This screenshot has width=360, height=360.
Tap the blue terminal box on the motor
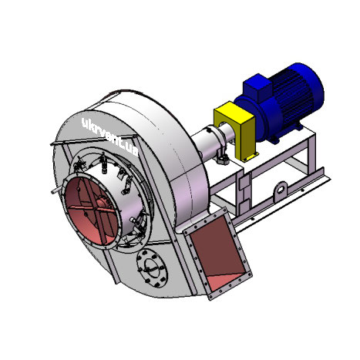(257, 88)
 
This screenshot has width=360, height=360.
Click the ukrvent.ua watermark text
(110, 137)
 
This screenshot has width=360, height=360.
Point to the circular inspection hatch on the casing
(152, 268)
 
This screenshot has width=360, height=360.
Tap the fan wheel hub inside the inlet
(103, 203)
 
